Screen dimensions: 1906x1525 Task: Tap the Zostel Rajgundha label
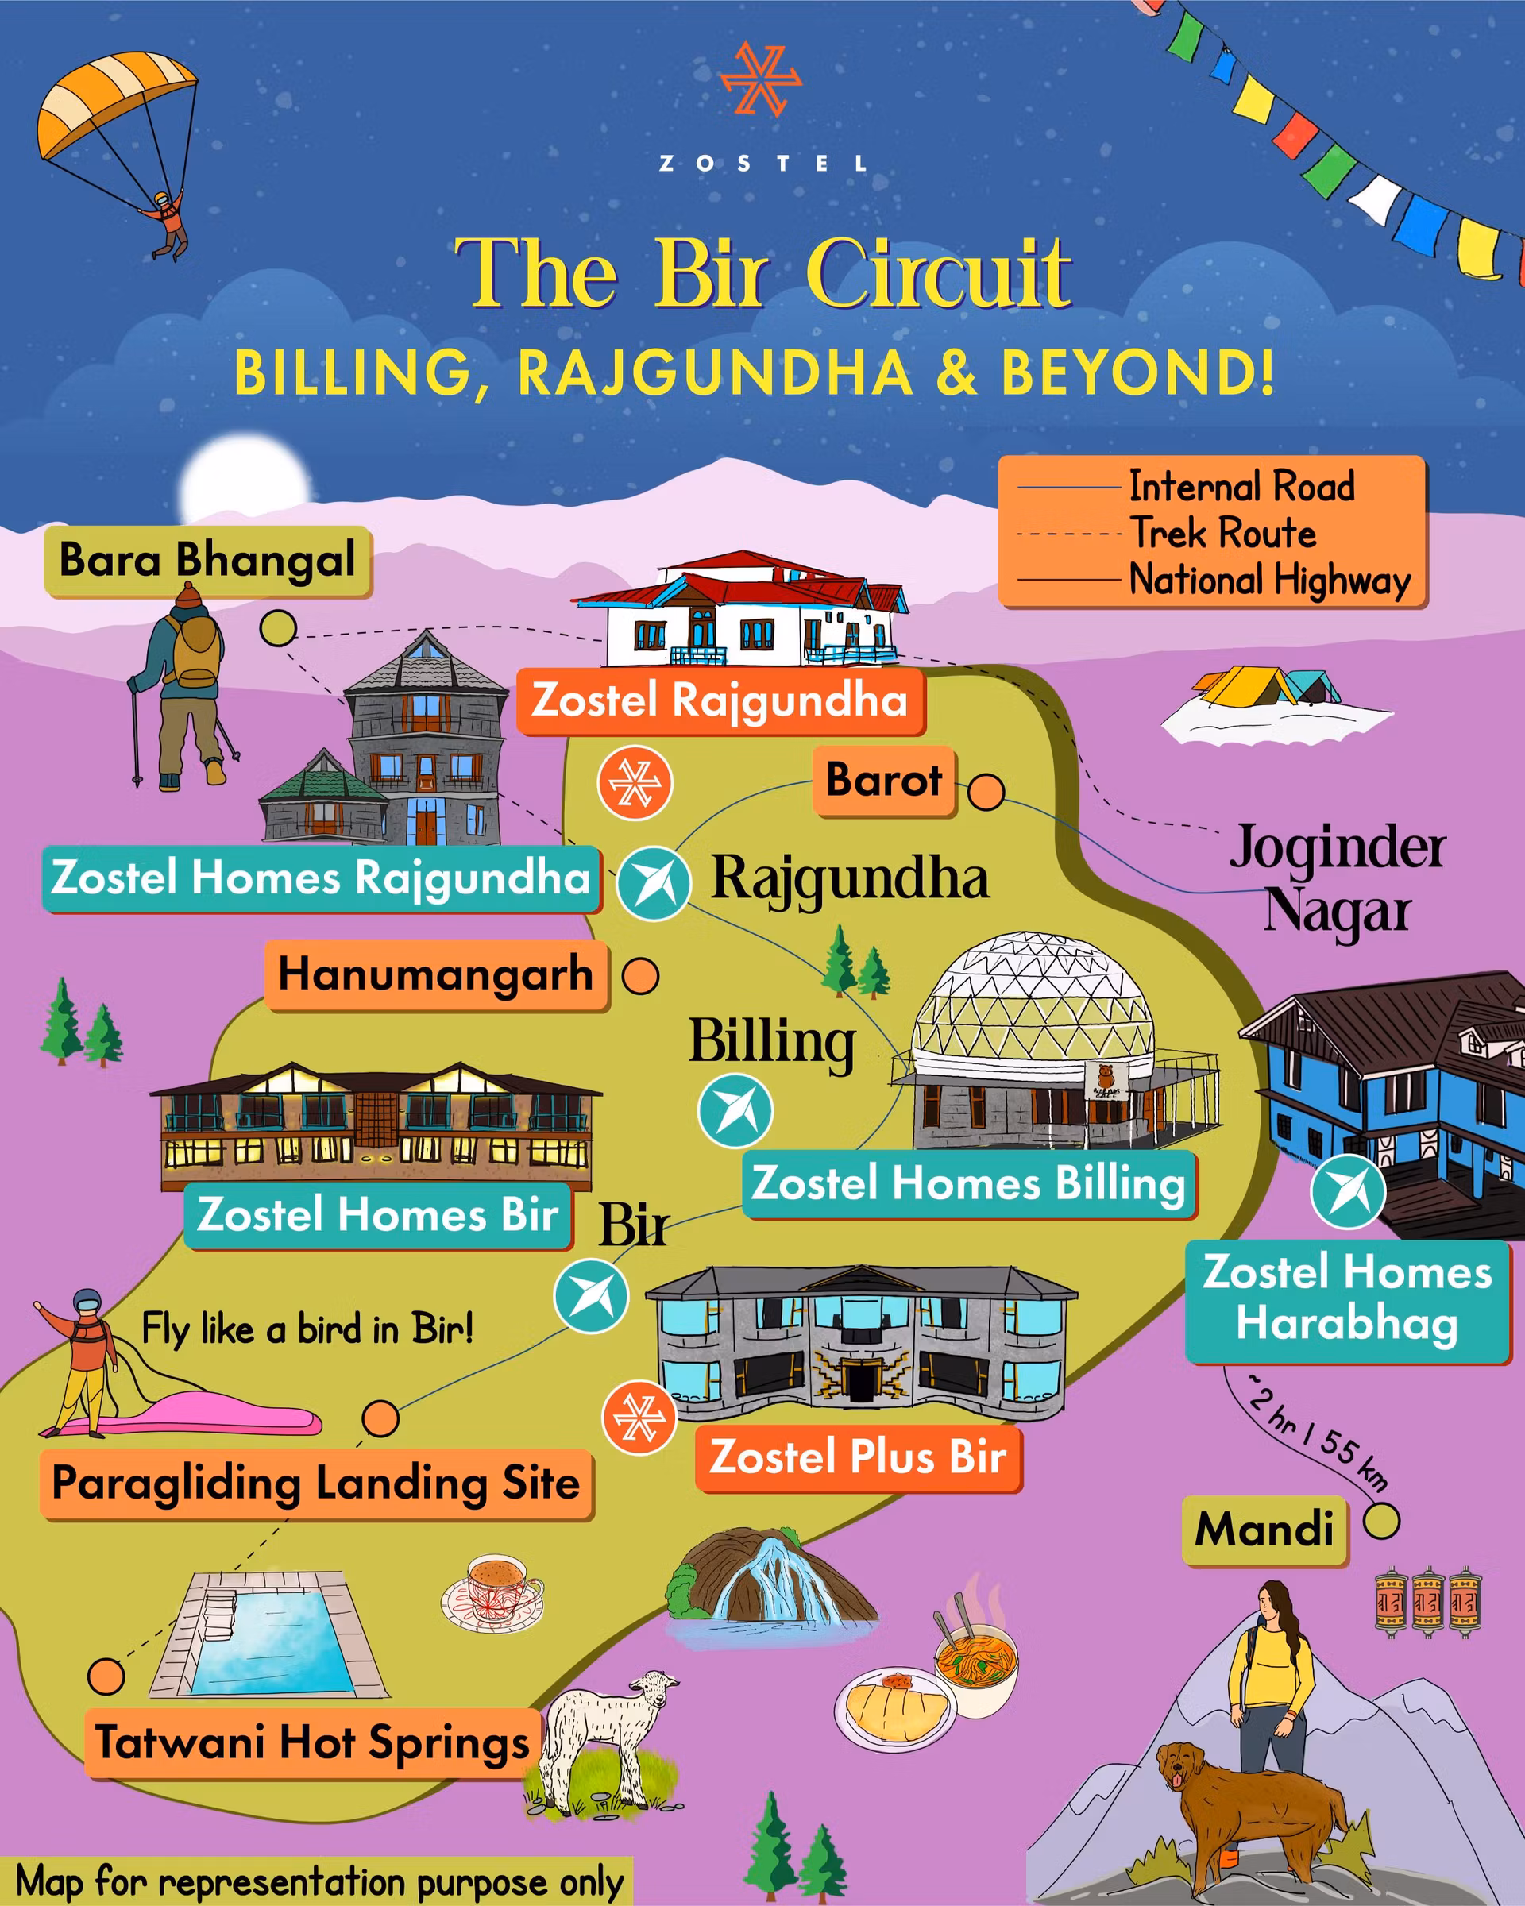coord(720,701)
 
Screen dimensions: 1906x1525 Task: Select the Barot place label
coord(883,781)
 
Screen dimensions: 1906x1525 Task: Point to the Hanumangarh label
coord(436,975)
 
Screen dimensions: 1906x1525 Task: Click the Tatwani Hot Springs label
coord(312,1742)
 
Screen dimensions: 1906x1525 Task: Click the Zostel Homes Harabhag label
coord(1346,1298)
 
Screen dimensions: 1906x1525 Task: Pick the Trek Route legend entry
coord(1223,533)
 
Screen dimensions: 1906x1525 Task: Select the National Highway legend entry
coord(1269,580)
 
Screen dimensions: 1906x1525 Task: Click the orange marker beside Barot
coord(986,791)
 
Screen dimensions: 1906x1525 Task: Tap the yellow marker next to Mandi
coord(1381,1522)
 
